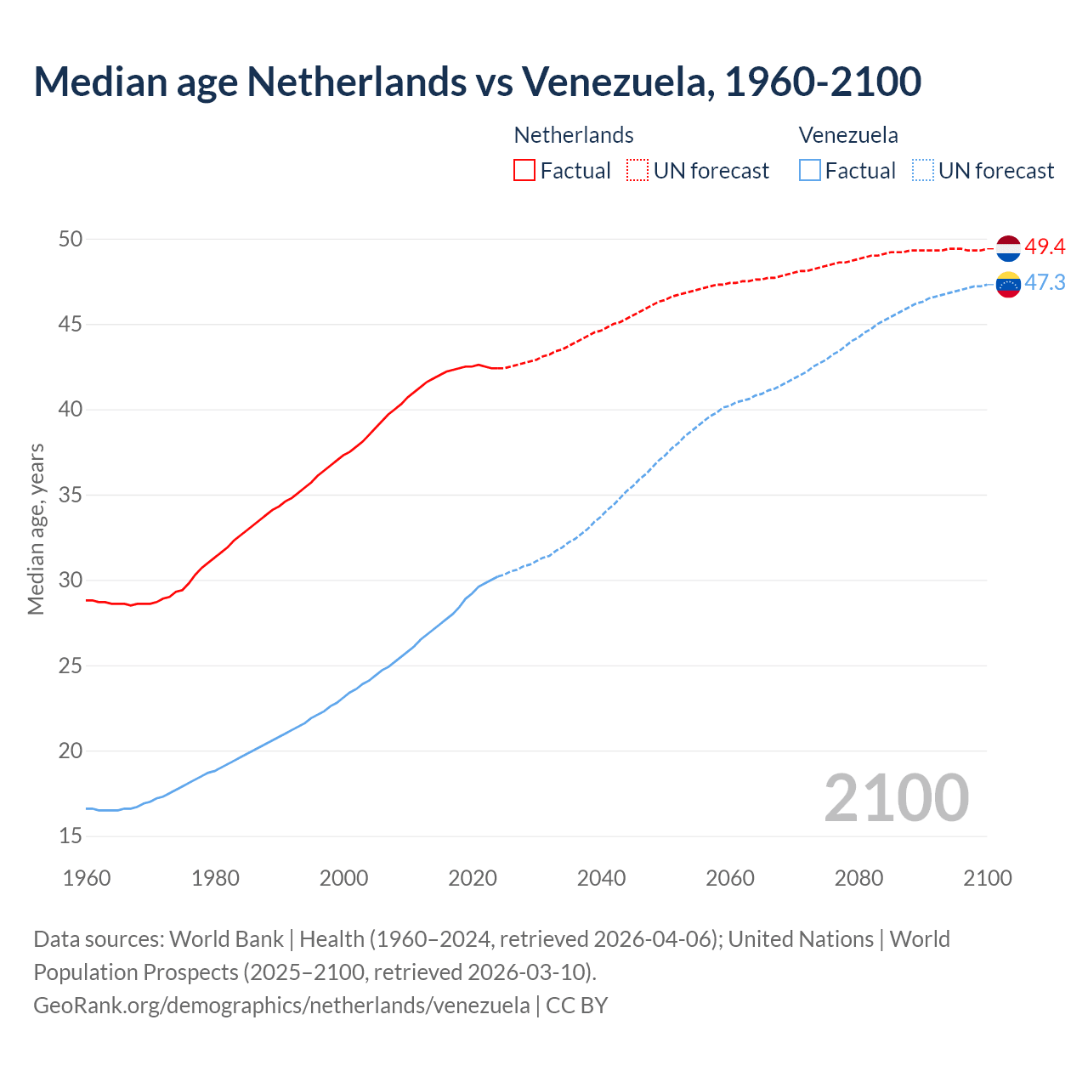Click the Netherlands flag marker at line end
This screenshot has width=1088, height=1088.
1008,248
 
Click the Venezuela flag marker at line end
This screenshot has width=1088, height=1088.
1008,284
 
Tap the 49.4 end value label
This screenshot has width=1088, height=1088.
1045,246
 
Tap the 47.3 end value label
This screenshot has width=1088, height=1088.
1045,282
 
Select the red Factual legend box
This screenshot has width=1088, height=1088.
524,170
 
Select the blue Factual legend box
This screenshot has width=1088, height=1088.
810,170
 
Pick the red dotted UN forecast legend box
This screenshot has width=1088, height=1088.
637,170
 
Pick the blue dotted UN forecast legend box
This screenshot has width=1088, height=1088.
923,170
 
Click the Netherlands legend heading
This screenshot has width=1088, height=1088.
574,135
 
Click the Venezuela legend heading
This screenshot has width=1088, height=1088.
848,135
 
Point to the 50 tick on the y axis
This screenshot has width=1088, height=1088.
71,239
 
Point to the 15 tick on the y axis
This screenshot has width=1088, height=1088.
71,836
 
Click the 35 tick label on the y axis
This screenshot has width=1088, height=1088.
71,495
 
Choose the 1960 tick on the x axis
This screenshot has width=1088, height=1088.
87,878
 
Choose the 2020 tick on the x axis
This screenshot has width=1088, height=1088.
473,878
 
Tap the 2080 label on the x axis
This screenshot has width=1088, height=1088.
858,878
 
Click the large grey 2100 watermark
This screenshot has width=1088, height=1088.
896,797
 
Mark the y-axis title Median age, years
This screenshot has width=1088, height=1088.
36,529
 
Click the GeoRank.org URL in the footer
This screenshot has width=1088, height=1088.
281,1006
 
